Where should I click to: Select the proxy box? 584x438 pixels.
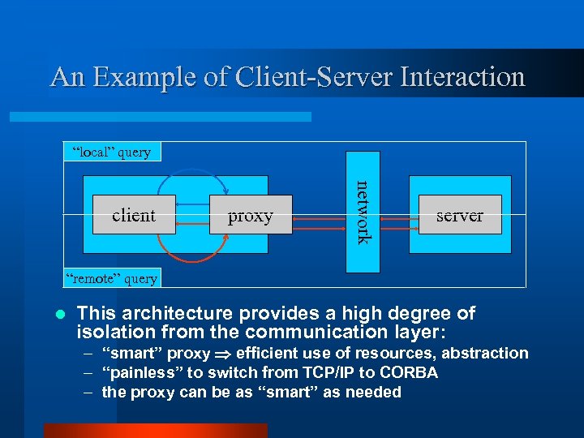250,215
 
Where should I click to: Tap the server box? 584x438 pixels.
459,215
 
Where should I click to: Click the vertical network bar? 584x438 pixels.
362,212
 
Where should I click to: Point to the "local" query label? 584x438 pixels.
112,152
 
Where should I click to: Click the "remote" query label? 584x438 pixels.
112,278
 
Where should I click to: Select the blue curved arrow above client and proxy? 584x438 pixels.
187,173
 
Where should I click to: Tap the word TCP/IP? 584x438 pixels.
325,373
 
